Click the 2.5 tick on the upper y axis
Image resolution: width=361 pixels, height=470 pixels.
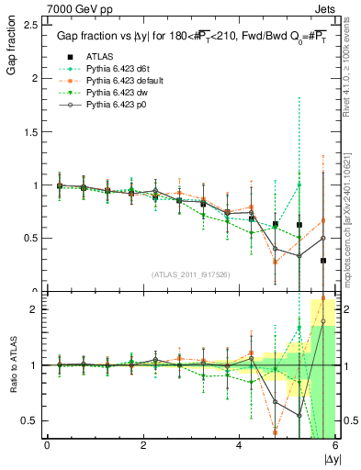32,25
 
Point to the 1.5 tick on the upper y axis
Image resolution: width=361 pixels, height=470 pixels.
32,131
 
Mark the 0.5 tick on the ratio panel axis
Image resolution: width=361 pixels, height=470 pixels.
32,420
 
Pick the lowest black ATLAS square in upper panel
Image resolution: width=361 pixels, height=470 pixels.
323,261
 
